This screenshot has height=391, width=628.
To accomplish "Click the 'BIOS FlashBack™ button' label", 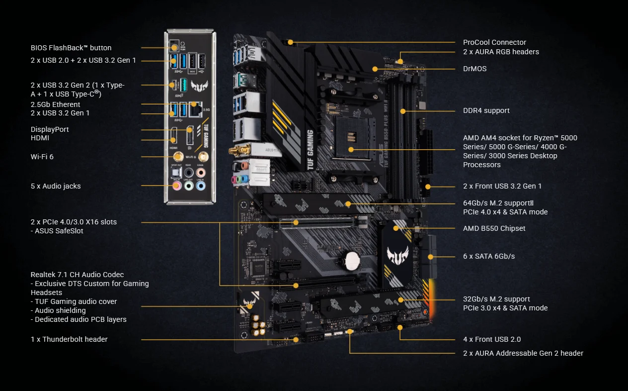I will [x=71, y=48].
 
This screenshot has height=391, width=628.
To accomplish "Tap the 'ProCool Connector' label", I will [x=494, y=42].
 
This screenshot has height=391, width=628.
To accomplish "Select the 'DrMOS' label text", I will [x=474, y=69].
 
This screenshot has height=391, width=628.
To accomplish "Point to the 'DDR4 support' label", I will [x=486, y=110].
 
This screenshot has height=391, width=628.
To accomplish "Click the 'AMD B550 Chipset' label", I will [x=494, y=228].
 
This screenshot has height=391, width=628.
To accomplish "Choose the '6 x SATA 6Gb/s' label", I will [x=488, y=256].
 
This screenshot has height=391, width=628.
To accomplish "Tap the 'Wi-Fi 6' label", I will [x=42, y=157].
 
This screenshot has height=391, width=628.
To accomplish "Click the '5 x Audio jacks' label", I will [x=56, y=186].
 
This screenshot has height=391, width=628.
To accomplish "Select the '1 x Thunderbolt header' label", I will [x=69, y=339].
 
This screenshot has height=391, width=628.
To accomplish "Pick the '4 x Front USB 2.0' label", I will [x=492, y=339].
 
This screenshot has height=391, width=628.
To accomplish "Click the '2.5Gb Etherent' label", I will [x=56, y=104].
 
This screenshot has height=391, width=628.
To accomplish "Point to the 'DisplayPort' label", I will [x=50, y=129].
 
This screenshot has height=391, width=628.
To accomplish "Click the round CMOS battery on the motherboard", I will [x=352, y=259].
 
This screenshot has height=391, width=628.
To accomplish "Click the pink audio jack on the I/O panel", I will [x=177, y=186].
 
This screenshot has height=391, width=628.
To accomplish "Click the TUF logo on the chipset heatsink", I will [x=397, y=255].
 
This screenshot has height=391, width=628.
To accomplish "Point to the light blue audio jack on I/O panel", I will [x=200, y=186].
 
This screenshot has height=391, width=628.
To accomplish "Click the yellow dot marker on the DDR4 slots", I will [x=403, y=111].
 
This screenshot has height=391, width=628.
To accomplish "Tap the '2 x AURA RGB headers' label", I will [x=501, y=52].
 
